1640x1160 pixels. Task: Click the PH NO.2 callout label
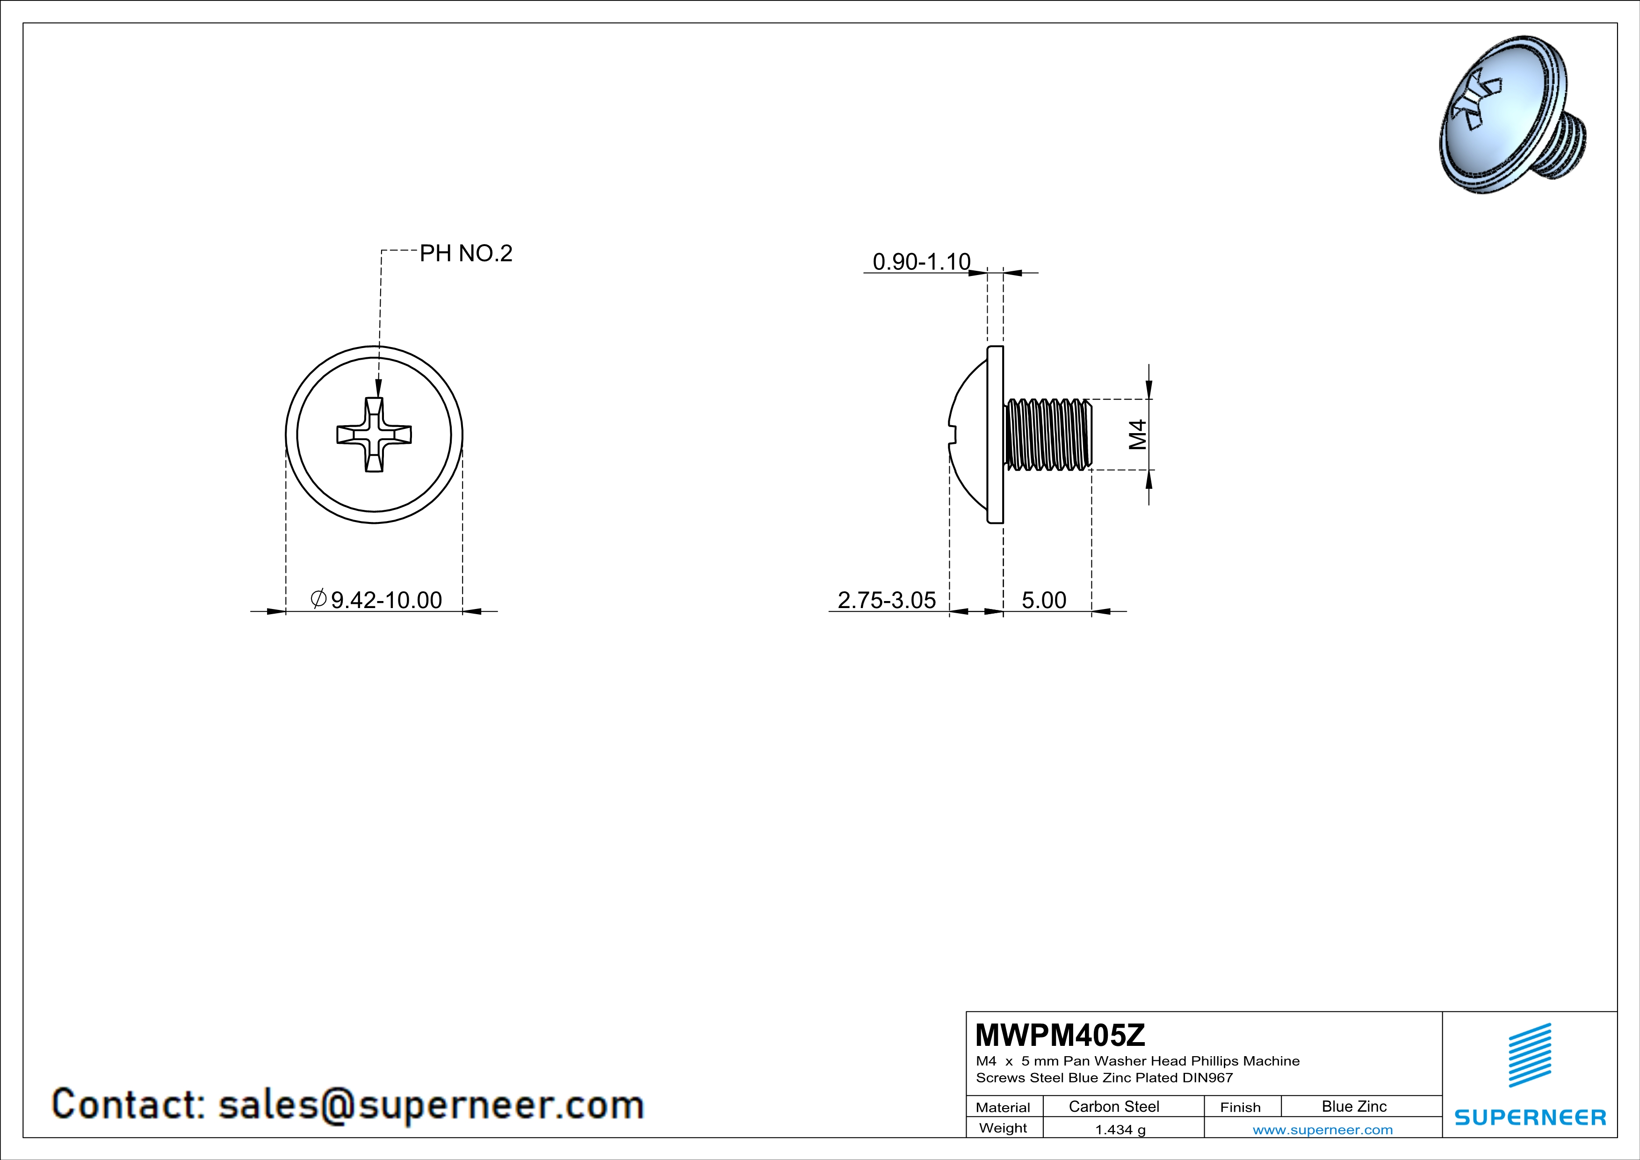(x=466, y=253)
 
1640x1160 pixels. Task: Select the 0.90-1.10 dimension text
(x=921, y=261)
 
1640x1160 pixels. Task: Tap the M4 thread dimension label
(x=1138, y=434)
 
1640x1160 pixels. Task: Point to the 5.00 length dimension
(x=1044, y=600)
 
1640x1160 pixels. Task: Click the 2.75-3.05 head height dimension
(x=887, y=600)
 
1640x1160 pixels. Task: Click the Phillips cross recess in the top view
(x=374, y=434)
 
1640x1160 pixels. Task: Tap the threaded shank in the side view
(x=1048, y=434)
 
